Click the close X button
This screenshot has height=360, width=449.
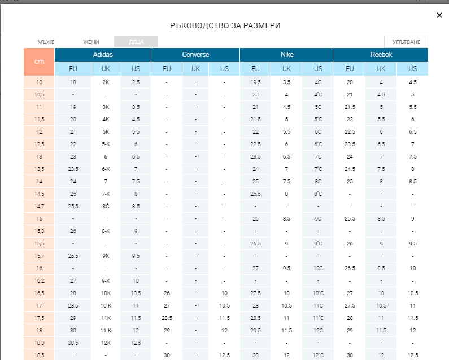point(439,15)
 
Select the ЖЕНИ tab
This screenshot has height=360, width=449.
point(91,42)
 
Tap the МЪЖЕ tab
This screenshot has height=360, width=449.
point(46,42)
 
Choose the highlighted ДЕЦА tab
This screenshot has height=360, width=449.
point(136,42)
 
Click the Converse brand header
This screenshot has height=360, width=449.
point(195,55)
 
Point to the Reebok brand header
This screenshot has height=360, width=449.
point(381,55)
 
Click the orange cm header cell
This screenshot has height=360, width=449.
point(39,62)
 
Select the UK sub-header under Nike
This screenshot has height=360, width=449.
point(286,69)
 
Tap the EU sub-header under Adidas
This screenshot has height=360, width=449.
point(73,69)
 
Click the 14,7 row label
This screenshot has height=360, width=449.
point(39,206)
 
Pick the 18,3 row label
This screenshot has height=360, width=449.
point(39,343)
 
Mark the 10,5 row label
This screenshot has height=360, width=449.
point(39,94)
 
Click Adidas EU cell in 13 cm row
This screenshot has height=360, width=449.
point(73,156)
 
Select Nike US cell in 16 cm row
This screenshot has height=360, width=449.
point(318,268)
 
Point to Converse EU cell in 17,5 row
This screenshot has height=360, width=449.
point(167,318)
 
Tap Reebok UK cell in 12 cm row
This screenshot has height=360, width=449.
point(381,131)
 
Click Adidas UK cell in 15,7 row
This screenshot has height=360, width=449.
point(106,256)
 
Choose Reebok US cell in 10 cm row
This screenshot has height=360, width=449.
point(413,82)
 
